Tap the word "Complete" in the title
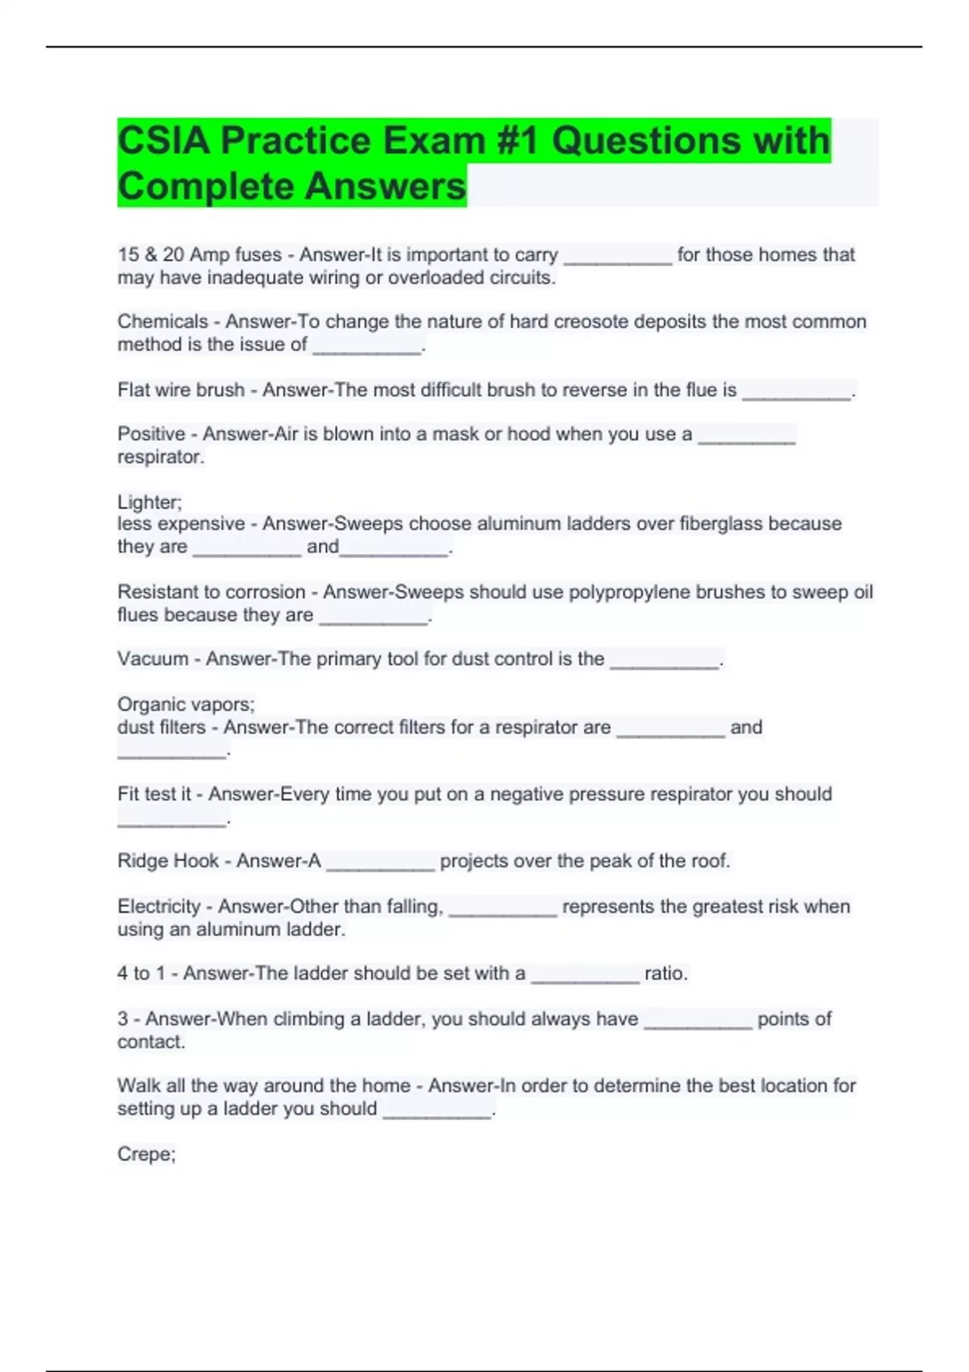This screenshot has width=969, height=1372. tap(205, 186)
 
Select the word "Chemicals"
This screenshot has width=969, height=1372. tap(162, 322)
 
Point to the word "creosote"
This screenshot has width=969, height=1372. tap(592, 322)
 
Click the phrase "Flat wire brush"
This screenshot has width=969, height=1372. tap(180, 391)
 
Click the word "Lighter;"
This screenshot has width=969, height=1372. tap(149, 502)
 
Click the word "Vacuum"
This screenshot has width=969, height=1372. tap(153, 659)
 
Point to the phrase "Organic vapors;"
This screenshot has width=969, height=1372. tap(186, 705)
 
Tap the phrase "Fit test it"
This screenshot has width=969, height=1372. tap(153, 794)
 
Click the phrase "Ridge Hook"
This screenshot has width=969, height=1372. tap(167, 861)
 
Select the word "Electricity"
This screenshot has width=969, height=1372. tap(158, 907)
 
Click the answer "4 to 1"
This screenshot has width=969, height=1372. tap(141, 973)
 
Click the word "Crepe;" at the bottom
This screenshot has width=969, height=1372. tap(146, 1154)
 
